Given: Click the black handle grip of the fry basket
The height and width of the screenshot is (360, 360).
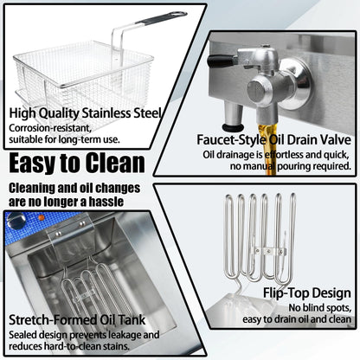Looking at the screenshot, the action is click(162, 17).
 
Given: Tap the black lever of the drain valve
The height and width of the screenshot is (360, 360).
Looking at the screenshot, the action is click(221, 61).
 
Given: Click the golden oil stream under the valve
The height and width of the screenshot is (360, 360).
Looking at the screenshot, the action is click(267, 149).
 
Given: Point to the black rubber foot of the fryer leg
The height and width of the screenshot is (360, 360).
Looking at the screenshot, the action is click(233, 127).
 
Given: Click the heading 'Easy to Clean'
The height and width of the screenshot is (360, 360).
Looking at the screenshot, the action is click(77, 163).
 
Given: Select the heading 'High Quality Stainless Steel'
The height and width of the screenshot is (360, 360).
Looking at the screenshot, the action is click(85, 113).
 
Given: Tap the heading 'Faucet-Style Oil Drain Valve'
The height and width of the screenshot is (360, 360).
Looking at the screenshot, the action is click(273, 139).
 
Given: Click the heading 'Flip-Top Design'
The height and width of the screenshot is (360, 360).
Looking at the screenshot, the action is click(307, 293).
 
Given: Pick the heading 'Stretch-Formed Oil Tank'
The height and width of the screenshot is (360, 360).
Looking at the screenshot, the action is click(77, 320).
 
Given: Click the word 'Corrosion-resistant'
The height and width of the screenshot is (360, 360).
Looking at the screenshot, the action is click(50, 128).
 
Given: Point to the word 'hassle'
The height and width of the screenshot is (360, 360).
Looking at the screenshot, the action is click(106, 202).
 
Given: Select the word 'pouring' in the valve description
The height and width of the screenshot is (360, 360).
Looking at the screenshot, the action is click(293, 166).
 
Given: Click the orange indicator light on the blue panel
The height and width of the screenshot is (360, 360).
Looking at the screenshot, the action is click(42, 217).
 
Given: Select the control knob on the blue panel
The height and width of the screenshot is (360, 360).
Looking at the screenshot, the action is click(16, 221).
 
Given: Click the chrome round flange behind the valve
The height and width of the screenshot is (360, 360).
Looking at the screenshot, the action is click(294, 84).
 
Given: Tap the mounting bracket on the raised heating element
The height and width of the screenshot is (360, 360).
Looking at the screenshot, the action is click(268, 251).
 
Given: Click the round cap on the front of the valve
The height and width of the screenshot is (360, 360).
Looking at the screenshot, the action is click(256, 92).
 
